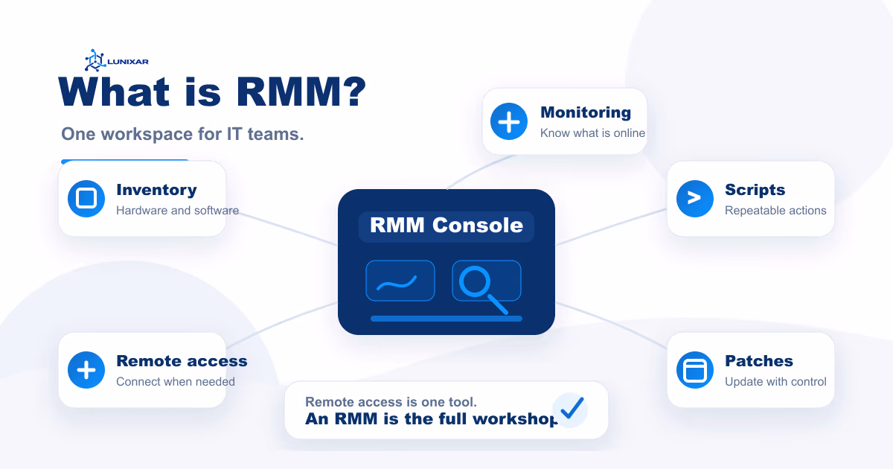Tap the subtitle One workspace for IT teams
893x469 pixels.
(182, 135)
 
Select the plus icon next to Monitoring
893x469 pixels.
(509, 121)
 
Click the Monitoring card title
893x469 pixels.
(585, 112)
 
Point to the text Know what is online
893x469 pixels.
(592, 133)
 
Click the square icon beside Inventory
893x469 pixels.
(86, 199)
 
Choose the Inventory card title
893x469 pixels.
(156, 190)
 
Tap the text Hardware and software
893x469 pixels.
(177, 211)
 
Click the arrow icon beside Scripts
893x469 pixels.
(695, 199)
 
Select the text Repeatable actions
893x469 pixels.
(775, 211)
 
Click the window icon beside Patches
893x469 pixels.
(695, 370)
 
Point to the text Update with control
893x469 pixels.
(775, 382)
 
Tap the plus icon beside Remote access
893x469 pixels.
(86, 370)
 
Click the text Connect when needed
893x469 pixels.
(176, 382)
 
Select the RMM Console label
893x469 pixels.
(446, 225)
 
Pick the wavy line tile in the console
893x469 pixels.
(400, 281)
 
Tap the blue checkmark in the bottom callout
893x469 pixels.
(572, 408)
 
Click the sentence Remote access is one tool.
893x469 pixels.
(391, 402)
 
